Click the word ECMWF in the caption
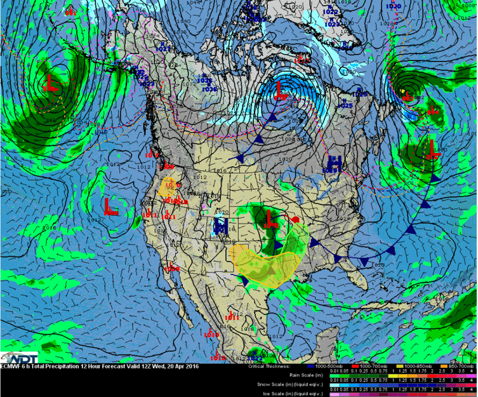click(11, 366)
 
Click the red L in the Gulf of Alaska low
click(51, 83)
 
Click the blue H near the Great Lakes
click(335, 163)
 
